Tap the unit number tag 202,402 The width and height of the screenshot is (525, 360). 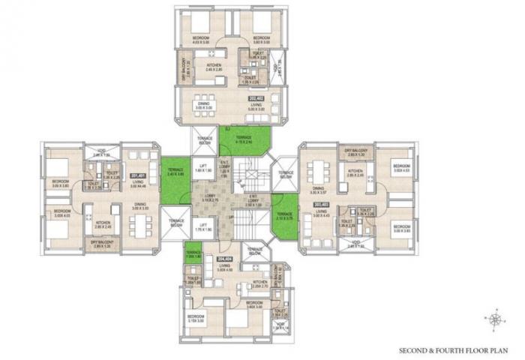click(x=256, y=97)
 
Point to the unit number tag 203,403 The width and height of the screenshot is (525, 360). click(x=322, y=204)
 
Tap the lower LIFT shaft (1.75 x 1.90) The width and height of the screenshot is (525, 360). click(x=201, y=229)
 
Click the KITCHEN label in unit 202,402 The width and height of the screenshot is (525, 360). click(x=214, y=66)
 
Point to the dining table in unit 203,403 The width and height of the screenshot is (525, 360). click(x=319, y=166)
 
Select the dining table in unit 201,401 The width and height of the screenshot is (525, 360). click(x=139, y=223)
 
